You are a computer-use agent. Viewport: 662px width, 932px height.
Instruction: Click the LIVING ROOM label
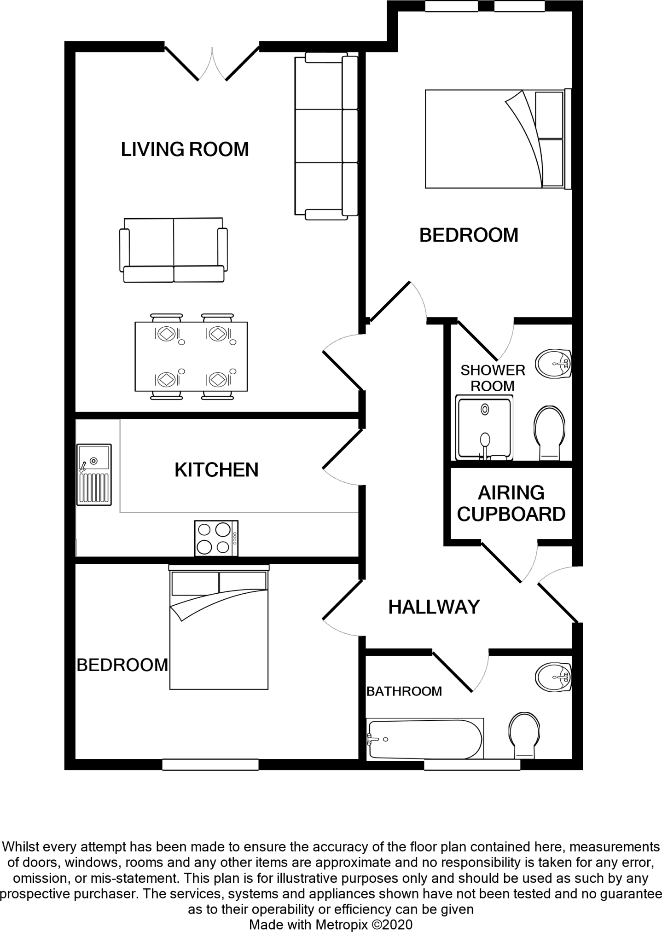185,150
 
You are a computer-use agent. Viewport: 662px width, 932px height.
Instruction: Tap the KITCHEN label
216,470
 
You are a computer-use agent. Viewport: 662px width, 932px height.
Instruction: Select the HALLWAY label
434,607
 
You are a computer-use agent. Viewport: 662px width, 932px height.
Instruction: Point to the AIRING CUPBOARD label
511,504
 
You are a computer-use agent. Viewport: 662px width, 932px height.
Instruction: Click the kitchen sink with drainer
94,475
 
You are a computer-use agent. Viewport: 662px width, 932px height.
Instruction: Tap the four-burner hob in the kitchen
216,538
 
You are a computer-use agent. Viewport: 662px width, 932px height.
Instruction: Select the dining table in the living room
191,356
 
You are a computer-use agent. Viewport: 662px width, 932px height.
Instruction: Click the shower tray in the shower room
484,428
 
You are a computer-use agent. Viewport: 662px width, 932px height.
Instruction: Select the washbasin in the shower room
553,364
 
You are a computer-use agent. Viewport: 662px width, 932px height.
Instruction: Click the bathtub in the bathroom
425,739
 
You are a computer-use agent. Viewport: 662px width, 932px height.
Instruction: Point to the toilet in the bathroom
524,735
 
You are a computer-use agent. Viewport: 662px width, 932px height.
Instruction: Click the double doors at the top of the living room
212,64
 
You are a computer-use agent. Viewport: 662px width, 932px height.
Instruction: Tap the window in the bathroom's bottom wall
472,764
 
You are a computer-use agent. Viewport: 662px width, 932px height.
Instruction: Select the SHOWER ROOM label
493,378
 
